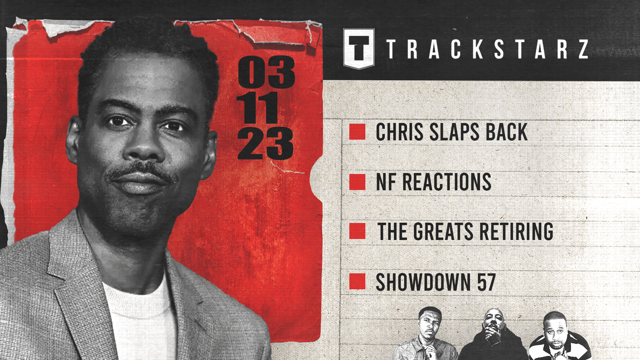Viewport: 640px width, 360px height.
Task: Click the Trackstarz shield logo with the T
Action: click(359, 49)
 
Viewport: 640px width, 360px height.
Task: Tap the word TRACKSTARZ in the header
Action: click(487, 49)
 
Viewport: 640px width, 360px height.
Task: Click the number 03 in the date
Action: click(266, 72)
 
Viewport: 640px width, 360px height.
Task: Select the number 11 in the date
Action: click(258, 108)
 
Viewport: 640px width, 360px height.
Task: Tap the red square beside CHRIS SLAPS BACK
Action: click(357, 132)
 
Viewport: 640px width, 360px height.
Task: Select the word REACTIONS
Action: click(447, 182)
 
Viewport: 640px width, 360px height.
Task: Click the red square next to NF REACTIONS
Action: click(357, 182)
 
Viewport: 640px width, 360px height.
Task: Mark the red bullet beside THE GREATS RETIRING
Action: click(357, 231)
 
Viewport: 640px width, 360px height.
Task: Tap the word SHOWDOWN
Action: click(423, 282)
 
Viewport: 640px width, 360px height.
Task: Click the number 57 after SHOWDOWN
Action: click(486, 282)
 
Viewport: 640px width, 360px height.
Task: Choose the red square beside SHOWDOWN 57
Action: click(357, 281)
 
